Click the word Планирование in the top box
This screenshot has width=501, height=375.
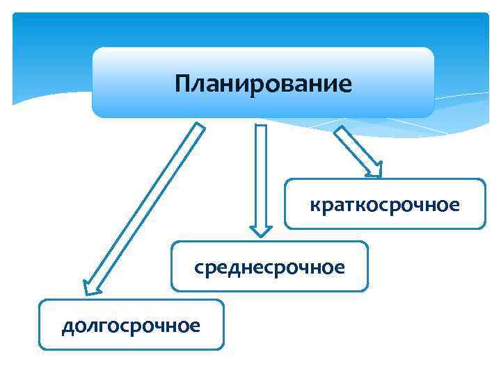click(264, 85)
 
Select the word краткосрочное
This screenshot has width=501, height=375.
click(385, 206)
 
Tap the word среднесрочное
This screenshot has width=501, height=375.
click(270, 267)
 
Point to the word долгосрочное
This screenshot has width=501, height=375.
click(131, 325)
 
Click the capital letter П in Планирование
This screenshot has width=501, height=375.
click(182, 85)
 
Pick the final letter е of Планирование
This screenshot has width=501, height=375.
click(346, 85)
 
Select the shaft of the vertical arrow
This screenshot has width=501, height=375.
click(261, 174)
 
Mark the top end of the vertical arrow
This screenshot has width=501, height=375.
click(261, 127)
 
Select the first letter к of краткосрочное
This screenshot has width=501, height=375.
click(314, 206)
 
